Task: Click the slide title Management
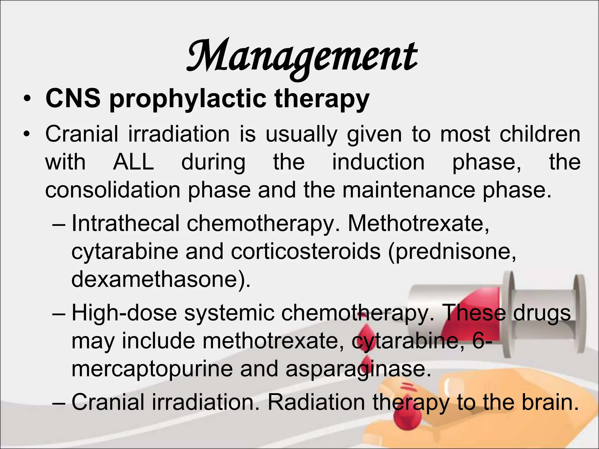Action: tap(302, 57)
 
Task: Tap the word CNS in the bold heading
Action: tap(73, 99)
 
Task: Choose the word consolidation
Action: tap(113, 190)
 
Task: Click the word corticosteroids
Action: tap(306, 252)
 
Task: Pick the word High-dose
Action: tap(124, 313)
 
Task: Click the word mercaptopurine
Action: tap(152, 369)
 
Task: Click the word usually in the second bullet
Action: tap(301, 134)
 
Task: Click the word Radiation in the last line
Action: tap(316, 403)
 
